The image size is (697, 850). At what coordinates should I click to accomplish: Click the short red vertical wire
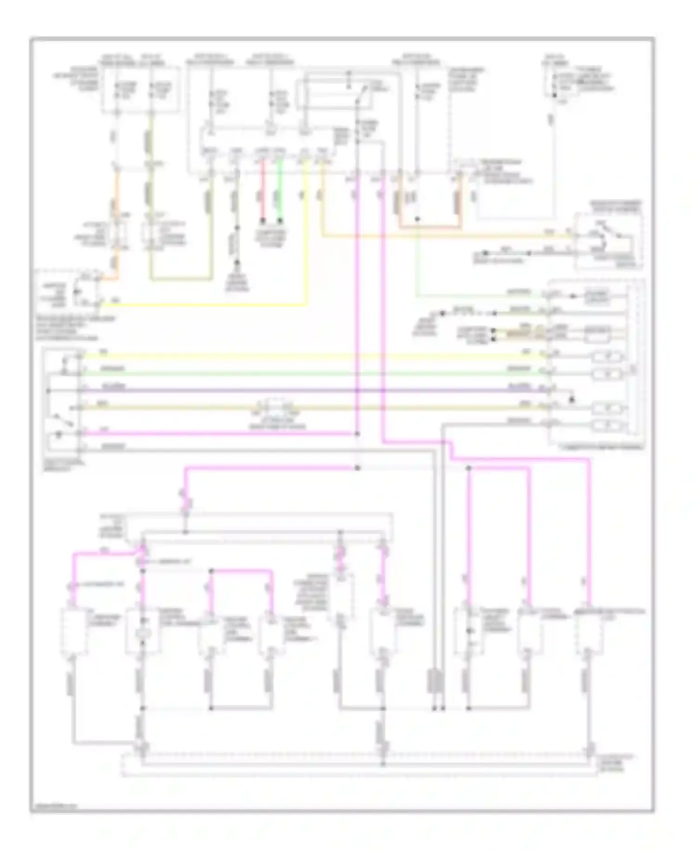click(x=262, y=191)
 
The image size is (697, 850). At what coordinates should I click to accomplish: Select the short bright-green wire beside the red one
click(x=280, y=191)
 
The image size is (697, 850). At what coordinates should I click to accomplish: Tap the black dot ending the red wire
click(x=262, y=220)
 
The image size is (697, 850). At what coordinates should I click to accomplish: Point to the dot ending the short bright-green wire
click(x=280, y=220)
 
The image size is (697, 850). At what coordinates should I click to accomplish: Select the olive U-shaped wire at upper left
click(x=181, y=279)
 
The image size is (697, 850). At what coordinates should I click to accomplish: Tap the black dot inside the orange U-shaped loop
click(x=417, y=219)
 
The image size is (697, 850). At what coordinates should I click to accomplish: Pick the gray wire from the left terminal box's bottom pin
click(x=256, y=450)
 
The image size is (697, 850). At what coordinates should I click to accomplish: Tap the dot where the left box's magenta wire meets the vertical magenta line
click(x=357, y=434)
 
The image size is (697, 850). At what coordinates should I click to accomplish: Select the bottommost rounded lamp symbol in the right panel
click(x=608, y=425)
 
